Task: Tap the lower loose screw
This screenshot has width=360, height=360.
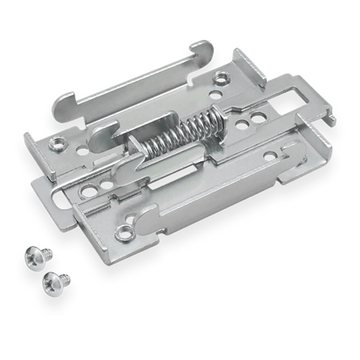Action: (58, 282)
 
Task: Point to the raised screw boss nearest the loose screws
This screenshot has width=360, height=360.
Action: (123, 233)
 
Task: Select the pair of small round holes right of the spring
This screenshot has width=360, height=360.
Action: (255, 119)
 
